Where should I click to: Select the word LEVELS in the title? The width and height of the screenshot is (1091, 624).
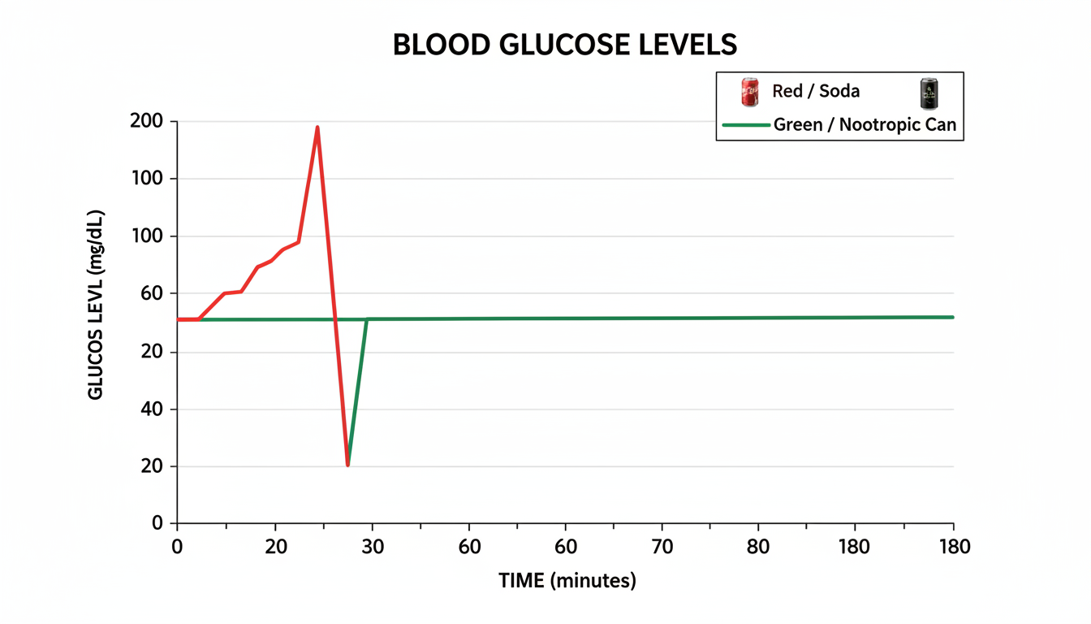[x=691, y=45]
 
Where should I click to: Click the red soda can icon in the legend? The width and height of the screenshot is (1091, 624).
[x=749, y=93]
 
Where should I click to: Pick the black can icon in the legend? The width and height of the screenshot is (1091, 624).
[x=925, y=93]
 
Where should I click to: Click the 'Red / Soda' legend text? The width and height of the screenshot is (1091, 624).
[x=815, y=91]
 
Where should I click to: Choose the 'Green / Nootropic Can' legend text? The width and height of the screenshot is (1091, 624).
[x=865, y=125]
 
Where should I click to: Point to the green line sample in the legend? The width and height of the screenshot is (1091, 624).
[x=744, y=125]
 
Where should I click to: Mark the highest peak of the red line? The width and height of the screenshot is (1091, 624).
[x=317, y=127]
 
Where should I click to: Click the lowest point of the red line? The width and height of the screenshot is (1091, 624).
[x=347, y=465]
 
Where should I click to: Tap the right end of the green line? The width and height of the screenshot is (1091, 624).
[x=952, y=317]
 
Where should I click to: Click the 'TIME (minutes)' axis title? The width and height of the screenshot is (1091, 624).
[x=567, y=581]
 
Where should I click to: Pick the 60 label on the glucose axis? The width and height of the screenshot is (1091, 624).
[x=151, y=293]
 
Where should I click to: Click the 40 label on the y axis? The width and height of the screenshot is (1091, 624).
[x=151, y=409]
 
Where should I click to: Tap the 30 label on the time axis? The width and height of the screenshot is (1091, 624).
[x=372, y=546]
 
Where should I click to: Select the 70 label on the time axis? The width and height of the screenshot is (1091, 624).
[x=662, y=546]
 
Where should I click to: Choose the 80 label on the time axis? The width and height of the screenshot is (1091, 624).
[x=759, y=546]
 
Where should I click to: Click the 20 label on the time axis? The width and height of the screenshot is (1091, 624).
[x=275, y=546]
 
